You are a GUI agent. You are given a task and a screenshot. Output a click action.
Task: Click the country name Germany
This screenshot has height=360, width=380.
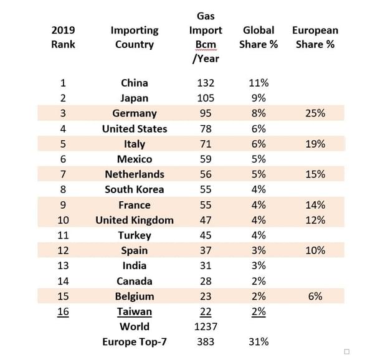(135, 113)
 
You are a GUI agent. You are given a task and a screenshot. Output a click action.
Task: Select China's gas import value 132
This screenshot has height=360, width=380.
(205, 83)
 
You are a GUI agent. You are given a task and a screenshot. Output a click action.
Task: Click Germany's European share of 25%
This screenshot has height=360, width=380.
(315, 113)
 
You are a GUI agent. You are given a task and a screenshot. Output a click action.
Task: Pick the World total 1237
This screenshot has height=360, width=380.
(205, 326)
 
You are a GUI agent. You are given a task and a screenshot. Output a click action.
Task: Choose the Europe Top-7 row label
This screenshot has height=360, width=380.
(135, 341)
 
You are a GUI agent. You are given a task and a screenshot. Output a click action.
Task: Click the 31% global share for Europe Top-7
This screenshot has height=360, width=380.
(258, 341)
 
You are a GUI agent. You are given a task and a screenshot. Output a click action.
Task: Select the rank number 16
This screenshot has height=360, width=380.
(63, 311)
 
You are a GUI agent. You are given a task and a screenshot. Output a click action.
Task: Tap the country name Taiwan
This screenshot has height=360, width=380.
(135, 311)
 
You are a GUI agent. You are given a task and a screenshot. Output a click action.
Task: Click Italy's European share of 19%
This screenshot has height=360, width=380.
(315, 144)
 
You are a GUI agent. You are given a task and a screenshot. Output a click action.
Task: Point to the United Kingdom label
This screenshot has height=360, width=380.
(135, 220)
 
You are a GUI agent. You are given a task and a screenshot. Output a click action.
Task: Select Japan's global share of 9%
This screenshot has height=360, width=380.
(258, 98)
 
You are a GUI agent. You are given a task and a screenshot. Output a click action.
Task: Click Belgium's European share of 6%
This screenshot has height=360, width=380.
(315, 296)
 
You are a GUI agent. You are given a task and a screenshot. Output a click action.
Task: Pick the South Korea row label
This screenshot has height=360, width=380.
(135, 189)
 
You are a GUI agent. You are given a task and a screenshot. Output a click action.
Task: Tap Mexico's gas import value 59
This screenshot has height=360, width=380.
(205, 159)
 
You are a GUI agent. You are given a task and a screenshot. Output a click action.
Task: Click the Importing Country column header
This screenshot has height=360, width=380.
(135, 37)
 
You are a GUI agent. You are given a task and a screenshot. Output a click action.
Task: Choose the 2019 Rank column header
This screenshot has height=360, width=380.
(63, 37)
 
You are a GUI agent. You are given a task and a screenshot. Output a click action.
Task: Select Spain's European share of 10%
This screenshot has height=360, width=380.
(315, 250)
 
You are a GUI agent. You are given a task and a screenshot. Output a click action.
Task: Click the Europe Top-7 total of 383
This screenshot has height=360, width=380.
(205, 341)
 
